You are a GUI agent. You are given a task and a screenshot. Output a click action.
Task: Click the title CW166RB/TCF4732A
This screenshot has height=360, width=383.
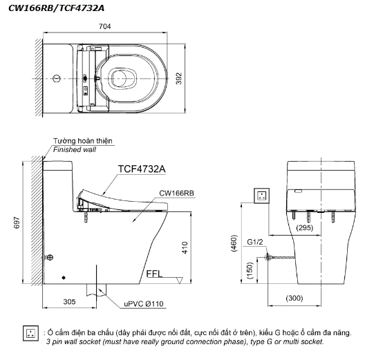click(x=46, y=7)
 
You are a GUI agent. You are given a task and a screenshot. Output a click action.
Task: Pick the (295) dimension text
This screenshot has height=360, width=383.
click(x=303, y=227)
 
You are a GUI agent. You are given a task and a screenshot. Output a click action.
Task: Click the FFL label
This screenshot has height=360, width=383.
click(x=154, y=274)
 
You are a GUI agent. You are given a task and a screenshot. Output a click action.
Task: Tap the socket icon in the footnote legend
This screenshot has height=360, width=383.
click(x=31, y=335)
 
